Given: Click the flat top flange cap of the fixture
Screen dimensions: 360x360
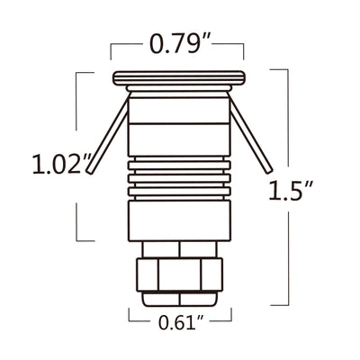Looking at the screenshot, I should point(178,77).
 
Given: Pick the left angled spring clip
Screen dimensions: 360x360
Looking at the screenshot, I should point(105,134).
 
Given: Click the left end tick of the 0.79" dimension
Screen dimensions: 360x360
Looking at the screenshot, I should point(112,49).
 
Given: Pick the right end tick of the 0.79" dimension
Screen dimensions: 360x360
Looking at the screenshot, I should point(244,49).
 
